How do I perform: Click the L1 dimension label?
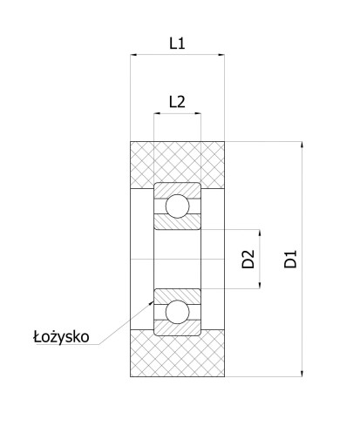(x=177, y=44)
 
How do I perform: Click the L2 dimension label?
(x=177, y=102)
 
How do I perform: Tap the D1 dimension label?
(x=290, y=259)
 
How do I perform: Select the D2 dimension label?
(x=248, y=259)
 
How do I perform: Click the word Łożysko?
(x=61, y=337)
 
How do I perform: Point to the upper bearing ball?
(x=177, y=206)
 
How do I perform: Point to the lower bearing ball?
(x=177, y=312)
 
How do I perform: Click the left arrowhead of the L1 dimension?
(x=133, y=55)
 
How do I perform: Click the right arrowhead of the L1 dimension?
(x=221, y=55)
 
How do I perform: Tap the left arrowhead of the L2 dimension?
(x=157, y=113)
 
